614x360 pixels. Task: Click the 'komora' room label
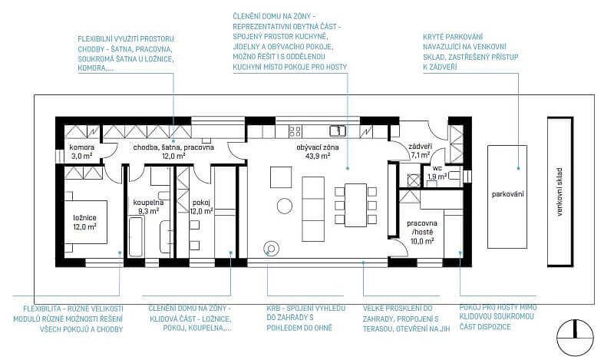point(82,147)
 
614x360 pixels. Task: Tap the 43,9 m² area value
point(318,156)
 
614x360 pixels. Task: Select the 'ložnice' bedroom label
point(84,218)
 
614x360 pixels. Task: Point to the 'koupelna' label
point(148,203)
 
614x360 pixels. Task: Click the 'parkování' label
point(507,194)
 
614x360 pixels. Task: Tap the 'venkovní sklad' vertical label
point(560,192)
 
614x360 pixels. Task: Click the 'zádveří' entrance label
point(420,147)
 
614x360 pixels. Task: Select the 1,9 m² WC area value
point(437,177)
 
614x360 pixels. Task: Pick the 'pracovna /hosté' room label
point(422,228)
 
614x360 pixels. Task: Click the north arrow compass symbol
point(575,337)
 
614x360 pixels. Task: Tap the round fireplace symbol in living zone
point(271,248)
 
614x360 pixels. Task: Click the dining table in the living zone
point(355,205)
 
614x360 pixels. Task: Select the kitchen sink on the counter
point(337,130)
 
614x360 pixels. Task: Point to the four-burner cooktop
point(295,130)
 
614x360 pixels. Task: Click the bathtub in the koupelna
point(137,236)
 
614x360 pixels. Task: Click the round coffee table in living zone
point(284,206)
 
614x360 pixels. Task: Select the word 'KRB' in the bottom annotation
point(272,309)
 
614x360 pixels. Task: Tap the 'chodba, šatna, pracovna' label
point(173,147)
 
